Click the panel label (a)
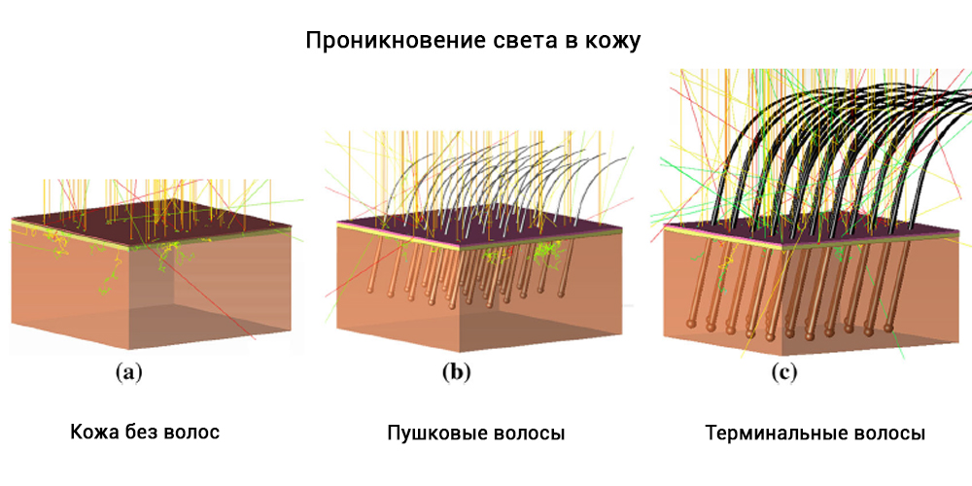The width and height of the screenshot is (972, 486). pyautogui.click(x=129, y=372)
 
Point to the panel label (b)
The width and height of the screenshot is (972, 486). pyautogui.click(x=457, y=372)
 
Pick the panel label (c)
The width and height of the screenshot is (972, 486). pyautogui.click(x=783, y=372)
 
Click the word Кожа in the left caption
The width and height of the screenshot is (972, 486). pyautogui.click(x=89, y=433)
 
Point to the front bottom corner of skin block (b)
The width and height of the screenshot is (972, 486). pyautogui.click(x=459, y=352)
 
